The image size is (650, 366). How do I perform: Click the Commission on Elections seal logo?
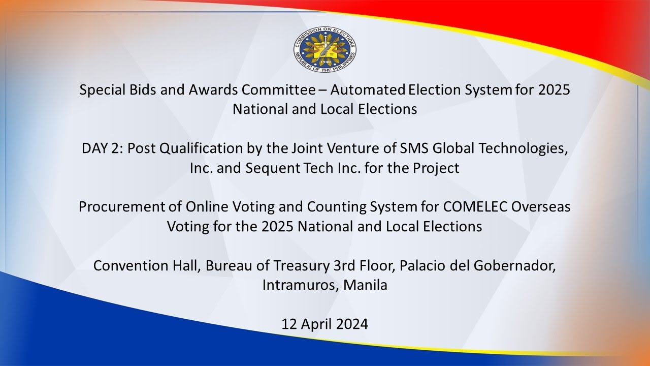coord(324,49)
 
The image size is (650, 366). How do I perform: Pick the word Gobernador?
coord(514,266)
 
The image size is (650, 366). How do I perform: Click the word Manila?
coord(365,285)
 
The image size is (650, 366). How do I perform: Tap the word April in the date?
coord(314,324)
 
